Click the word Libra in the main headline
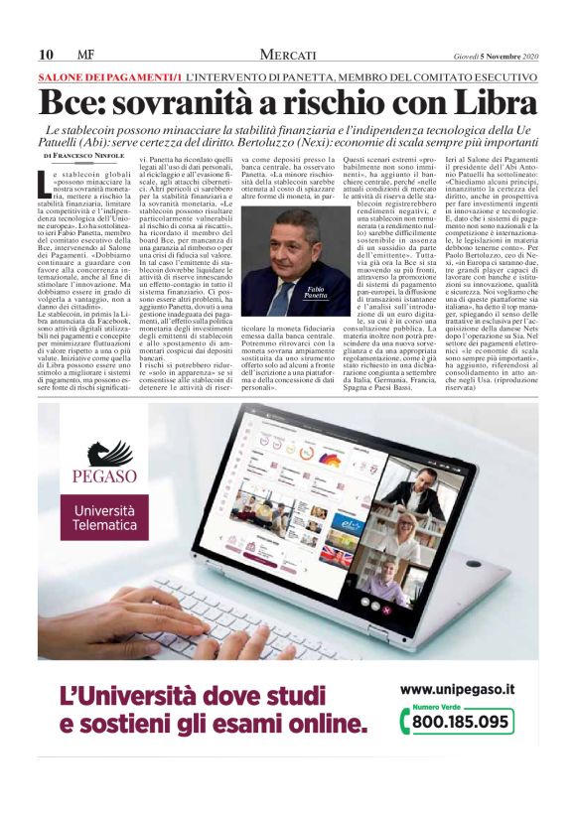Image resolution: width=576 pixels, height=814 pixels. point(494,103)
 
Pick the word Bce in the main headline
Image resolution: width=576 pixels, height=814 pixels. point(73,103)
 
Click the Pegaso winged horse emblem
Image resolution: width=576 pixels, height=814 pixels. point(102,461)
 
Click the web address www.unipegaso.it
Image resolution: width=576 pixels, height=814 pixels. point(458,688)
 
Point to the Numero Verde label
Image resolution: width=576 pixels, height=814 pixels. point(434,706)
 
